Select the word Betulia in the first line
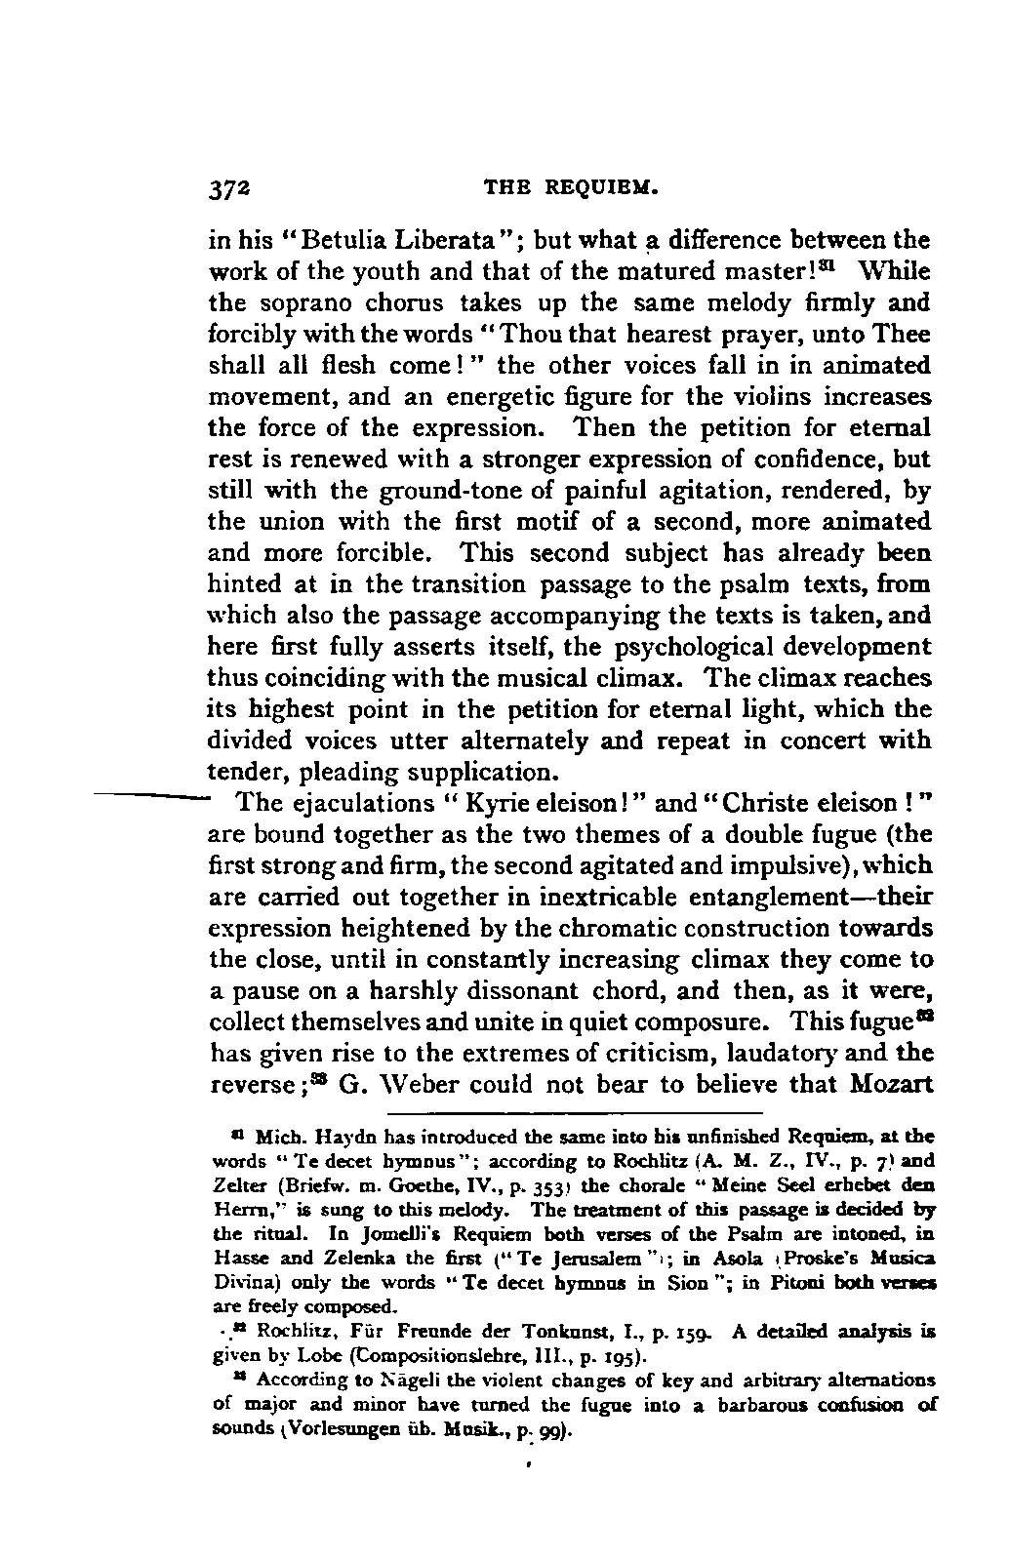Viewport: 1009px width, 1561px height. tap(329, 240)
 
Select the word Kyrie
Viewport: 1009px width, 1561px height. tap(495, 803)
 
